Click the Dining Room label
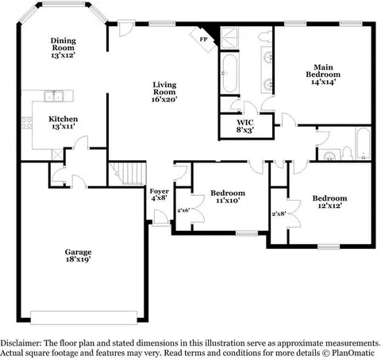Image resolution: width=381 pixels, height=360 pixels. [x=63, y=44]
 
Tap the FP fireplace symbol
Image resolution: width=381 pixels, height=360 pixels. [x=204, y=40]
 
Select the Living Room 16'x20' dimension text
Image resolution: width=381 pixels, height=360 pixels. [x=164, y=99]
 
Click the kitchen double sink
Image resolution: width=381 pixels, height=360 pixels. [x=54, y=96]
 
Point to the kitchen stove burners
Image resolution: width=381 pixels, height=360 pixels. [x=26, y=123]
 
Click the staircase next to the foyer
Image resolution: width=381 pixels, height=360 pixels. [x=128, y=174]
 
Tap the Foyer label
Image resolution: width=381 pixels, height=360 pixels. [x=160, y=191]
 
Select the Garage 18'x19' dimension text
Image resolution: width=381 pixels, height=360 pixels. [x=79, y=259]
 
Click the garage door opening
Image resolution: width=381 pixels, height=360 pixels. [x=83, y=317]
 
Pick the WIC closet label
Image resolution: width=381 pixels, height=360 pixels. [x=245, y=122]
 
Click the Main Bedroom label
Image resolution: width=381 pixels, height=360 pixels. [x=323, y=71]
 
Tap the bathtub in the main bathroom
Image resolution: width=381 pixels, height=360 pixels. [x=229, y=73]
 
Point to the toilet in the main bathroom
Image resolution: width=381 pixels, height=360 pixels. [x=264, y=36]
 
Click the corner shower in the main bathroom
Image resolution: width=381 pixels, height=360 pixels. [x=229, y=38]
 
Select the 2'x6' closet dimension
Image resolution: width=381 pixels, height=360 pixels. [x=183, y=210]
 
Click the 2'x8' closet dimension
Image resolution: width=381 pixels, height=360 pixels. [x=279, y=213]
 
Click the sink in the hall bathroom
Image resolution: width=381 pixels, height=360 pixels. [x=329, y=155]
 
